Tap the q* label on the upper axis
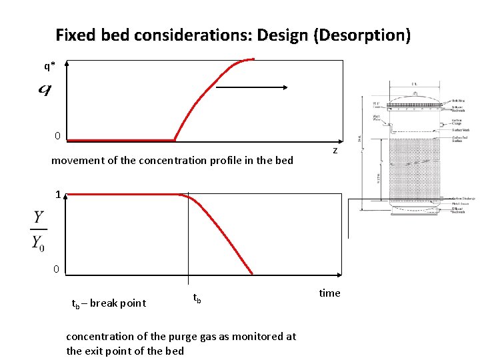pos(49,65)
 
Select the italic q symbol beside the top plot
pos(45,89)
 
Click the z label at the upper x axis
pos(335,151)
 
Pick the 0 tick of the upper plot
pos(57,136)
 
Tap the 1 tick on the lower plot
pos(59,195)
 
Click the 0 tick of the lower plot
pos(57,269)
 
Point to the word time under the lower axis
pos(329,293)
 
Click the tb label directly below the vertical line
pos(197,299)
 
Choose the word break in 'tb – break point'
pos(104,303)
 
